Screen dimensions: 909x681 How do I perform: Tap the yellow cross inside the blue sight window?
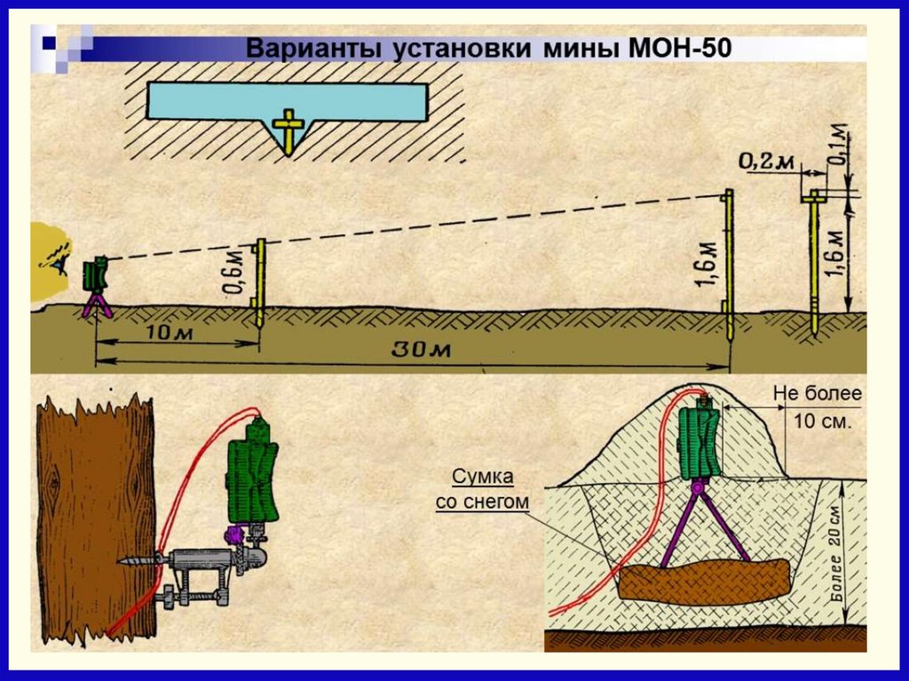pos(288,123)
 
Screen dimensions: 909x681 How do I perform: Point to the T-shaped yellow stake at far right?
pos(813,262)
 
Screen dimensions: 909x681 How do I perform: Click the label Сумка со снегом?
pos(482,489)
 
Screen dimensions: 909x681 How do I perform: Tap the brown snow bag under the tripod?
pos(704,582)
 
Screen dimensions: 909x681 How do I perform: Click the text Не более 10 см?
pos(817,408)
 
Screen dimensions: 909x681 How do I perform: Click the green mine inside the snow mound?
pos(701,441)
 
